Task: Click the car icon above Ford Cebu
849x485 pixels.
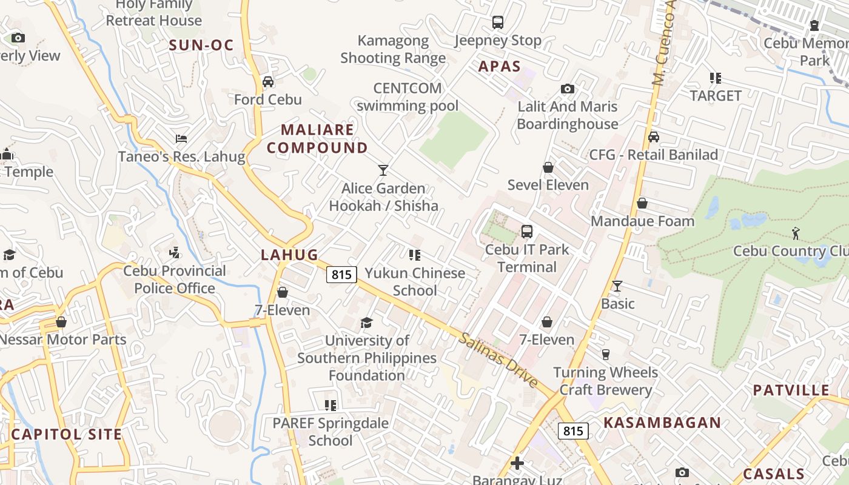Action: click(x=268, y=82)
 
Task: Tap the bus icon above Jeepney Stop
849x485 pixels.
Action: click(x=498, y=22)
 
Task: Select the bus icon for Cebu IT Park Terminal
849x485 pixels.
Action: click(x=527, y=232)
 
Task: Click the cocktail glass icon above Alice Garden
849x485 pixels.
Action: click(x=383, y=170)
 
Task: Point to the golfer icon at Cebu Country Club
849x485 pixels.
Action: click(x=796, y=233)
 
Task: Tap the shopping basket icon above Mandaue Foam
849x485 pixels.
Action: click(x=642, y=204)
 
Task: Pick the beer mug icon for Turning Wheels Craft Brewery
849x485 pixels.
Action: click(x=605, y=355)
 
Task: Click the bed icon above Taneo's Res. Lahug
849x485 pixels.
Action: click(x=181, y=139)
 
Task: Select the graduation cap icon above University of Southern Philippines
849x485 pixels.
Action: click(x=366, y=323)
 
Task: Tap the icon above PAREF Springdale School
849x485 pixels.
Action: click(x=331, y=405)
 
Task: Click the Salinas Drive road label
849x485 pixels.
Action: click(x=498, y=360)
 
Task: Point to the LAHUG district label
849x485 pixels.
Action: click(x=289, y=255)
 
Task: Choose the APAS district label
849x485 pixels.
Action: click(x=500, y=67)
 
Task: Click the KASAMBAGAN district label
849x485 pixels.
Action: click(x=662, y=423)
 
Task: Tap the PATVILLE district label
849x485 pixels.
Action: click(x=791, y=390)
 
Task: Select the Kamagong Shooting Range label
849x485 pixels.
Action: click(x=393, y=50)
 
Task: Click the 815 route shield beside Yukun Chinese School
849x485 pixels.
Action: click(x=341, y=275)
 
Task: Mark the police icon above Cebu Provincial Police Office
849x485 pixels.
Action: click(x=175, y=252)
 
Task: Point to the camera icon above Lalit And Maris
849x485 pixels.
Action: click(x=568, y=89)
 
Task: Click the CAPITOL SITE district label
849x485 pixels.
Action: click(x=67, y=434)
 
